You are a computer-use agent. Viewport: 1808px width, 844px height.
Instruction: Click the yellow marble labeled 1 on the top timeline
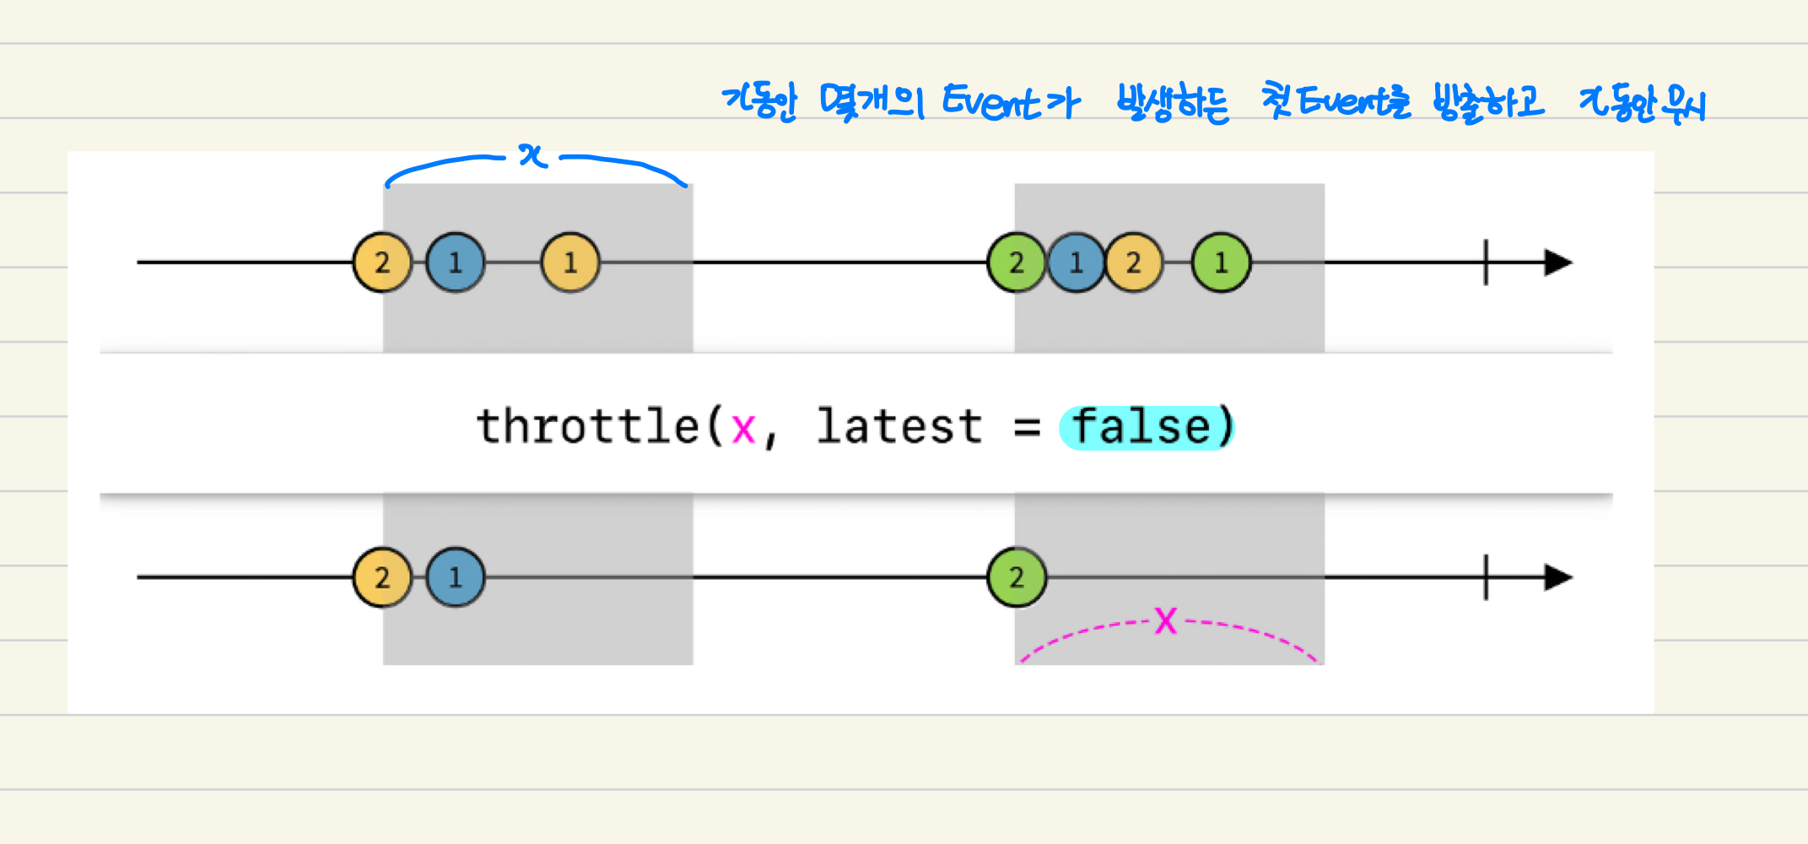pyautogui.click(x=570, y=262)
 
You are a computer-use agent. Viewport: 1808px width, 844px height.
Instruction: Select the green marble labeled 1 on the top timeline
pyautogui.click(x=1221, y=262)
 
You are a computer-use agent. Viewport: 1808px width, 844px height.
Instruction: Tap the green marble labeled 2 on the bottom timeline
pyautogui.click(x=1017, y=577)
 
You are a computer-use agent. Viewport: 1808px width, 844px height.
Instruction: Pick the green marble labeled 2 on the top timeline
pyautogui.click(x=1017, y=262)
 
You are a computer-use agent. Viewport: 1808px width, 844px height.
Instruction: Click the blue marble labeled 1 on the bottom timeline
pyautogui.click(x=456, y=577)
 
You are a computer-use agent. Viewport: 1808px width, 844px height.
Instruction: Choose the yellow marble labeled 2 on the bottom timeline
pyautogui.click(x=382, y=577)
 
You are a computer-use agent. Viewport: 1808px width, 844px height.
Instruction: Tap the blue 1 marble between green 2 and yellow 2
pyautogui.click(x=1076, y=262)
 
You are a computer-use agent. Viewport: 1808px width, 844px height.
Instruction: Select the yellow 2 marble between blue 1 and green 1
pyautogui.click(x=1134, y=262)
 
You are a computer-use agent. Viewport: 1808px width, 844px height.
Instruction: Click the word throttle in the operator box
pyautogui.click(x=588, y=426)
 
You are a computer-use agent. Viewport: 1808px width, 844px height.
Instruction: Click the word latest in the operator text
pyautogui.click(x=899, y=426)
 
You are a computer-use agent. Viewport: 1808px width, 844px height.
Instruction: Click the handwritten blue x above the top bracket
pyautogui.click(x=533, y=155)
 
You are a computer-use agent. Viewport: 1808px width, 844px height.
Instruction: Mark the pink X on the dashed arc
pyautogui.click(x=1166, y=621)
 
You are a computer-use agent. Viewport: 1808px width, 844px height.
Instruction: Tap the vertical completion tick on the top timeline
pyautogui.click(x=1486, y=262)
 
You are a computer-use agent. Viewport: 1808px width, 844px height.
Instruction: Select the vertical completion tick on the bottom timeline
pyautogui.click(x=1486, y=577)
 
